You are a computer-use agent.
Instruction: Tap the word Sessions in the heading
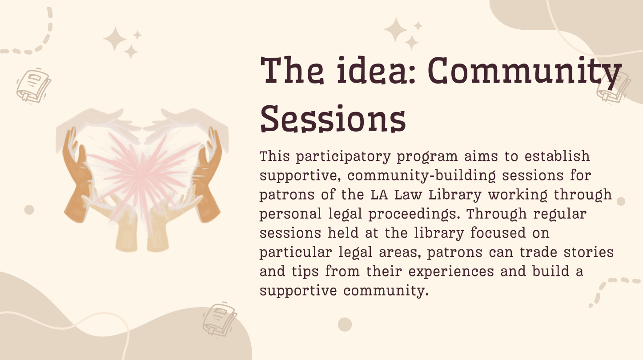coord(333,119)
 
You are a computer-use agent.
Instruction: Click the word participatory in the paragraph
coord(343,157)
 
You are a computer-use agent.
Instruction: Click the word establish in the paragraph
coord(557,156)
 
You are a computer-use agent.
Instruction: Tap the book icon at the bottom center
coord(220,320)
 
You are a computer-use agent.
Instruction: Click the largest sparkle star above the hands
coord(115,39)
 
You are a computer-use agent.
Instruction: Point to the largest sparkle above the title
coord(396,29)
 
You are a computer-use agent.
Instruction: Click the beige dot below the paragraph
coord(345,324)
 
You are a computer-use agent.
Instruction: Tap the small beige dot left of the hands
coord(29,210)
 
